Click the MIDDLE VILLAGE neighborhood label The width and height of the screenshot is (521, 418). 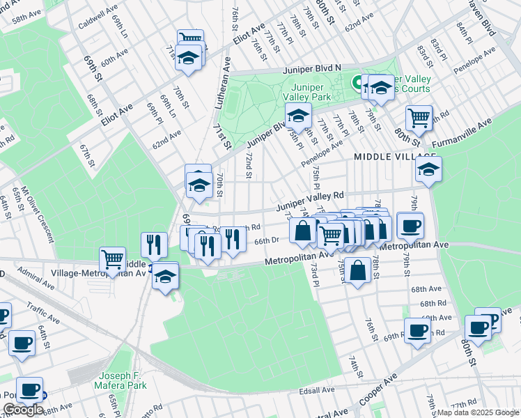[388, 157]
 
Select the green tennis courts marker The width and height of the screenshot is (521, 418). [361, 84]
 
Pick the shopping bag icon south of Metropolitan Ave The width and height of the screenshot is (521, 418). [357, 270]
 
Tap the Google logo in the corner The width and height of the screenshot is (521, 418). [23, 410]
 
